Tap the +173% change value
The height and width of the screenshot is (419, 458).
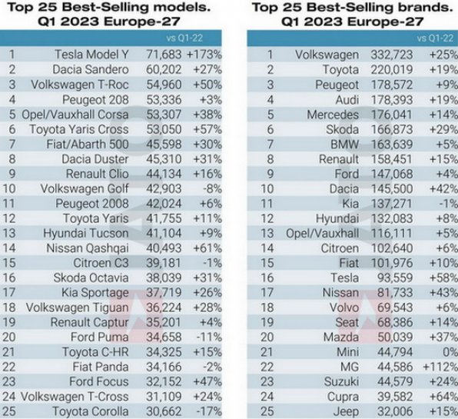[x=205, y=55]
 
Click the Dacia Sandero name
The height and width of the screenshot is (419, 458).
[x=95, y=70]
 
